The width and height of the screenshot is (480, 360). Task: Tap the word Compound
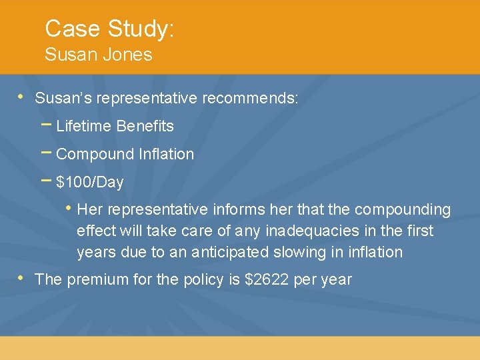(95, 154)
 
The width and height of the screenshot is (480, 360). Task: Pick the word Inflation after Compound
(166, 154)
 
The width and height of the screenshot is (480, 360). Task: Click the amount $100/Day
(90, 182)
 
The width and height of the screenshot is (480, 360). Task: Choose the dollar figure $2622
(268, 279)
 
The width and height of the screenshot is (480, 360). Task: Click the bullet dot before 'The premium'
(20, 277)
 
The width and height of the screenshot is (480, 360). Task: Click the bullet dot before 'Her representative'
(69, 208)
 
